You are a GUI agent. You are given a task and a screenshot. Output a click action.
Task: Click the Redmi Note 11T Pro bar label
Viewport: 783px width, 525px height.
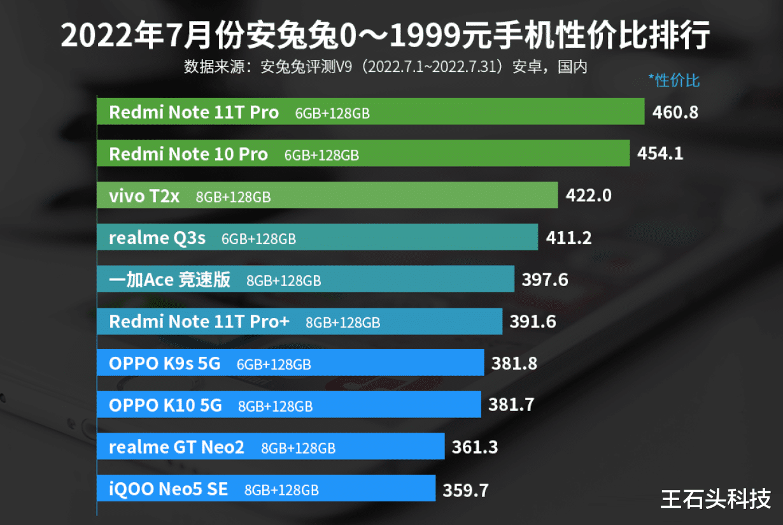(194, 112)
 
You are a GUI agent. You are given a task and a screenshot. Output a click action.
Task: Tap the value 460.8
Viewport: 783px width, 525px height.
(675, 113)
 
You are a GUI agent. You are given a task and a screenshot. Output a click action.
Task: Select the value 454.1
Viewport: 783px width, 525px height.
(660, 154)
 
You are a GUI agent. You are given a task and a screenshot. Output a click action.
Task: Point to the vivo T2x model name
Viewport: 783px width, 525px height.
(144, 196)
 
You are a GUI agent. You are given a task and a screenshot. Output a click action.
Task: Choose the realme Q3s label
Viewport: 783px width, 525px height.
(157, 238)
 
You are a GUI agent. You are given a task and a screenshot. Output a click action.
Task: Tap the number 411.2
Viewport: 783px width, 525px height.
(568, 238)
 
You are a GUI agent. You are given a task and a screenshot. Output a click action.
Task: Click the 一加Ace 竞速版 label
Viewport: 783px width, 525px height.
(169, 280)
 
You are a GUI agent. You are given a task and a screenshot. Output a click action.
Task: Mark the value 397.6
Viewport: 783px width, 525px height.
(545, 280)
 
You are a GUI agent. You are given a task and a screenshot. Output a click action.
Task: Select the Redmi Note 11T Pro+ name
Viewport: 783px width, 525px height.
(199, 322)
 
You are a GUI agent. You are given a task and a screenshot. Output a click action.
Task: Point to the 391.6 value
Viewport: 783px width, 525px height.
(533, 322)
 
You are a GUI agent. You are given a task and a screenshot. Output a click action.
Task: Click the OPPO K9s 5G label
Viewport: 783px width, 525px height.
(164, 364)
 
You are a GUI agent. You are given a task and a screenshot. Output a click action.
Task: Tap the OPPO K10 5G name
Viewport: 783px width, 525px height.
(166, 405)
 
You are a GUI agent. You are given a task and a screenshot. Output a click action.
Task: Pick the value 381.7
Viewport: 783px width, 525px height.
(511, 405)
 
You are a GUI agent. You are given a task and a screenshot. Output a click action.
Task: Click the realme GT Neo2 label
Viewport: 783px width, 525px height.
(176, 447)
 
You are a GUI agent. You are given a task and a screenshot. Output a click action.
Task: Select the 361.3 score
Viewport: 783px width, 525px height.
(475, 447)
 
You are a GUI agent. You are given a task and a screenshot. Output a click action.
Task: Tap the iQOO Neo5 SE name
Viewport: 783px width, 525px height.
(169, 489)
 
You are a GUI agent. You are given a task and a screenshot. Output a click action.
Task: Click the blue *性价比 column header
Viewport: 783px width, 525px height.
(674, 80)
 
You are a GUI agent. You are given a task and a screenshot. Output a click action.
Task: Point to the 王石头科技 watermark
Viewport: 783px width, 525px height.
(716, 498)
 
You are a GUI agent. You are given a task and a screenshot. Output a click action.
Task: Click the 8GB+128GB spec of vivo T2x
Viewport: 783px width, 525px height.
(233, 198)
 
